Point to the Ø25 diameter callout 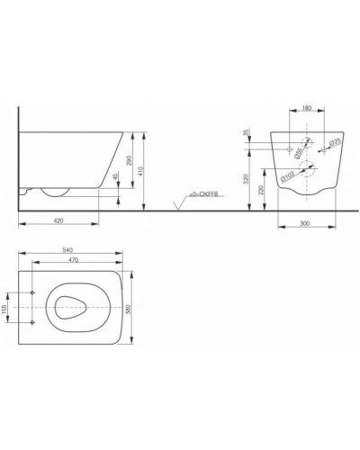[332, 141]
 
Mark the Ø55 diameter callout [296, 151]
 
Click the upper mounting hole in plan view [33, 292]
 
